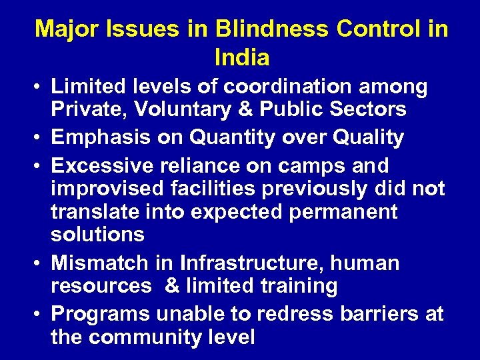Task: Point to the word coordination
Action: [x=288, y=87]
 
